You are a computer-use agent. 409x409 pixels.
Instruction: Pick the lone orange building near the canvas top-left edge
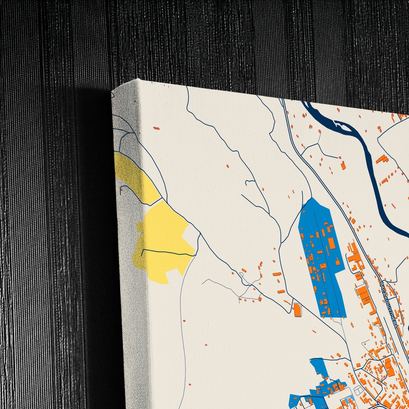[156, 128]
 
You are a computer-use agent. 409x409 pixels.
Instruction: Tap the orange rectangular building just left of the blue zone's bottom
[297, 310]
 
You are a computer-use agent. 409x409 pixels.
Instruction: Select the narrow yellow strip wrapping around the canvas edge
[133, 175]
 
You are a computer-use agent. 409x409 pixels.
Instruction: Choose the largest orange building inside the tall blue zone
[331, 244]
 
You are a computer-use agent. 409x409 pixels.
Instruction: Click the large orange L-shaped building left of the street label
[365, 294]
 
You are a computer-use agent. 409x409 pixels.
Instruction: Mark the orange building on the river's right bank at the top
[382, 159]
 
